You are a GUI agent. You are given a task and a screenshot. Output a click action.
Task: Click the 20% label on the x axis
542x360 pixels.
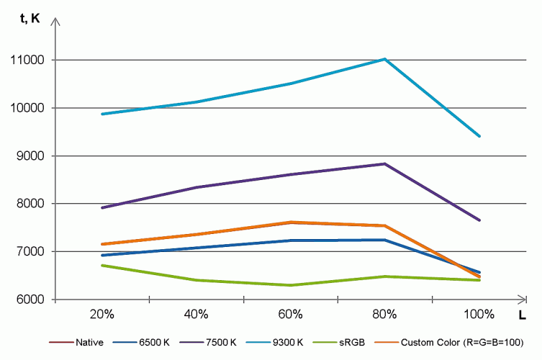click(x=102, y=314)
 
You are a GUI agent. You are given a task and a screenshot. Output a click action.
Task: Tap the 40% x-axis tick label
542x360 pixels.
click(x=197, y=314)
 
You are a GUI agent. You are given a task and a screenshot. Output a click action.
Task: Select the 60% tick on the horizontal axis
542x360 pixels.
click(x=291, y=314)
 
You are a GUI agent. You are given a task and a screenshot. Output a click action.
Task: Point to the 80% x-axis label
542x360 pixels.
click(x=385, y=314)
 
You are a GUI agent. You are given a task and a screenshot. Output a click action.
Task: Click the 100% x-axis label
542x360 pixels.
click(x=479, y=314)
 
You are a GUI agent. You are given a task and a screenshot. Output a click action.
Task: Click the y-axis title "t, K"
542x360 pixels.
click(x=30, y=19)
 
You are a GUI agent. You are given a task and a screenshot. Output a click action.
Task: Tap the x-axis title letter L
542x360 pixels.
click(x=523, y=315)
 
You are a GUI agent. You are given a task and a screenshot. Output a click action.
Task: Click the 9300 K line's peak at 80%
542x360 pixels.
click(x=385, y=59)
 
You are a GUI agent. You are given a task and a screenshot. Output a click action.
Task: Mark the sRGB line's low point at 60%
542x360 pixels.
click(x=291, y=285)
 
